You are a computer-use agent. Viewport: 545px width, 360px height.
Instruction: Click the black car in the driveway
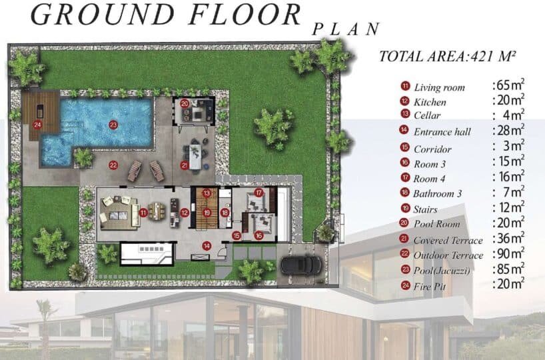tap(301, 265)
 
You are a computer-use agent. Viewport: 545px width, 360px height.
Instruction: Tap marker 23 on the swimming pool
tap(113, 125)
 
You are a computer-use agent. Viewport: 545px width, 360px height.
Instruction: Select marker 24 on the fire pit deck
tap(37, 125)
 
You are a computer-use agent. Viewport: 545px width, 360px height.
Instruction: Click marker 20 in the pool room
tap(185, 103)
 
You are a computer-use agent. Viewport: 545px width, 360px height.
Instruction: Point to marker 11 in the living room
tap(143, 213)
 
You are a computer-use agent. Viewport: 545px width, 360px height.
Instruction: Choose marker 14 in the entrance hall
tap(207, 246)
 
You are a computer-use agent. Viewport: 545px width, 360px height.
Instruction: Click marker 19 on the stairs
tap(207, 212)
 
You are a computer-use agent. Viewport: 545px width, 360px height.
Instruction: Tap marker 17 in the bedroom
tap(259, 193)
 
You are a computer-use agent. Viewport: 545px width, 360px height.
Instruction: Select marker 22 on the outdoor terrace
tap(113, 165)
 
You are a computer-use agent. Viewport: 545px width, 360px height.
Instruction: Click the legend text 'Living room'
tap(439, 87)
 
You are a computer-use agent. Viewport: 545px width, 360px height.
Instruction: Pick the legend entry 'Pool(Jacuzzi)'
tap(442, 270)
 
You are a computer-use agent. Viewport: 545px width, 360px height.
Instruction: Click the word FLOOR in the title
tap(245, 14)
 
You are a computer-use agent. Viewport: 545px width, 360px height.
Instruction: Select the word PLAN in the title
tap(346, 29)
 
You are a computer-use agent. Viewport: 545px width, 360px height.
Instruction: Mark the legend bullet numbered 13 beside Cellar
tap(405, 113)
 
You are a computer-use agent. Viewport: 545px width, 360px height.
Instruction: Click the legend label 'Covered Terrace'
tap(448, 241)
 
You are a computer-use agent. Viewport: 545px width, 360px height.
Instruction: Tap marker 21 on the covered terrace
tap(185, 165)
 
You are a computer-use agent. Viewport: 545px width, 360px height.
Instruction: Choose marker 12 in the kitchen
tap(185, 213)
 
